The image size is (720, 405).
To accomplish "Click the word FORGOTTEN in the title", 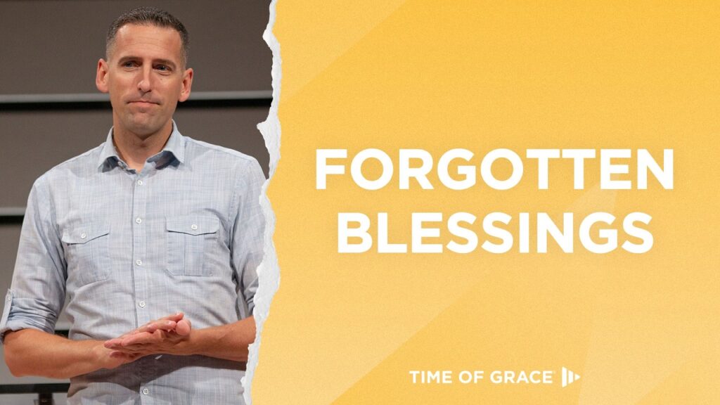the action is [x=494, y=169].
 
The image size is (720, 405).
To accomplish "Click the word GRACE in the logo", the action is [x=522, y=378].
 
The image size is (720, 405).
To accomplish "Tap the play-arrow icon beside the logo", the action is [x=570, y=378].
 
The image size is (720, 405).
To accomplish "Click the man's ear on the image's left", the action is [x=103, y=76].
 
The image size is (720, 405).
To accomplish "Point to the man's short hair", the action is [x=148, y=26].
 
